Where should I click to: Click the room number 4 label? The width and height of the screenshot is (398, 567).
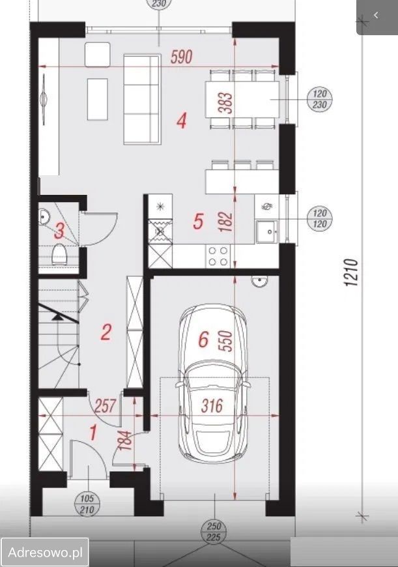click(x=182, y=121)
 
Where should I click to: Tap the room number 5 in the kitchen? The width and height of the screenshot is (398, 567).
click(x=198, y=221)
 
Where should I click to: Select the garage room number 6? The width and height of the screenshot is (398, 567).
click(x=204, y=340)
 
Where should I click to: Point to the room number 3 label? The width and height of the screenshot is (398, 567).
click(x=60, y=231)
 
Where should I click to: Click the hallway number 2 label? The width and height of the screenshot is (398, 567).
click(x=106, y=332)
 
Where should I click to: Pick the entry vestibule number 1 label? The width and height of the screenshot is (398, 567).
click(x=93, y=433)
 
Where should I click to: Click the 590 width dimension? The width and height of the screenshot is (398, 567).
click(x=182, y=57)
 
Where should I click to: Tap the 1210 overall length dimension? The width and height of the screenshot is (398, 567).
click(x=351, y=272)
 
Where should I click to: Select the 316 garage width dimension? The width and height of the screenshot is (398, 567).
click(x=212, y=406)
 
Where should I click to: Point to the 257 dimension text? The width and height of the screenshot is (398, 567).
click(x=105, y=406)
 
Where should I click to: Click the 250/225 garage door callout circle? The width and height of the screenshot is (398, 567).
click(x=214, y=532)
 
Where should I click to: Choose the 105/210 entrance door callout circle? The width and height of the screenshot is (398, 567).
click(x=87, y=504)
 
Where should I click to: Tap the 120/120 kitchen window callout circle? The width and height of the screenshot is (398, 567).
click(x=320, y=219)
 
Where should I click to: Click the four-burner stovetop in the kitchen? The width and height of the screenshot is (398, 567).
click(x=218, y=256)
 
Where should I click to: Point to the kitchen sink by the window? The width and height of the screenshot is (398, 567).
click(x=267, y=231)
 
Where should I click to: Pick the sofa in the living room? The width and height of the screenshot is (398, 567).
click(x=142, y=100)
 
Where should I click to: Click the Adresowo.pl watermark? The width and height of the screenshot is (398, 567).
click(x=45, y=552)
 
